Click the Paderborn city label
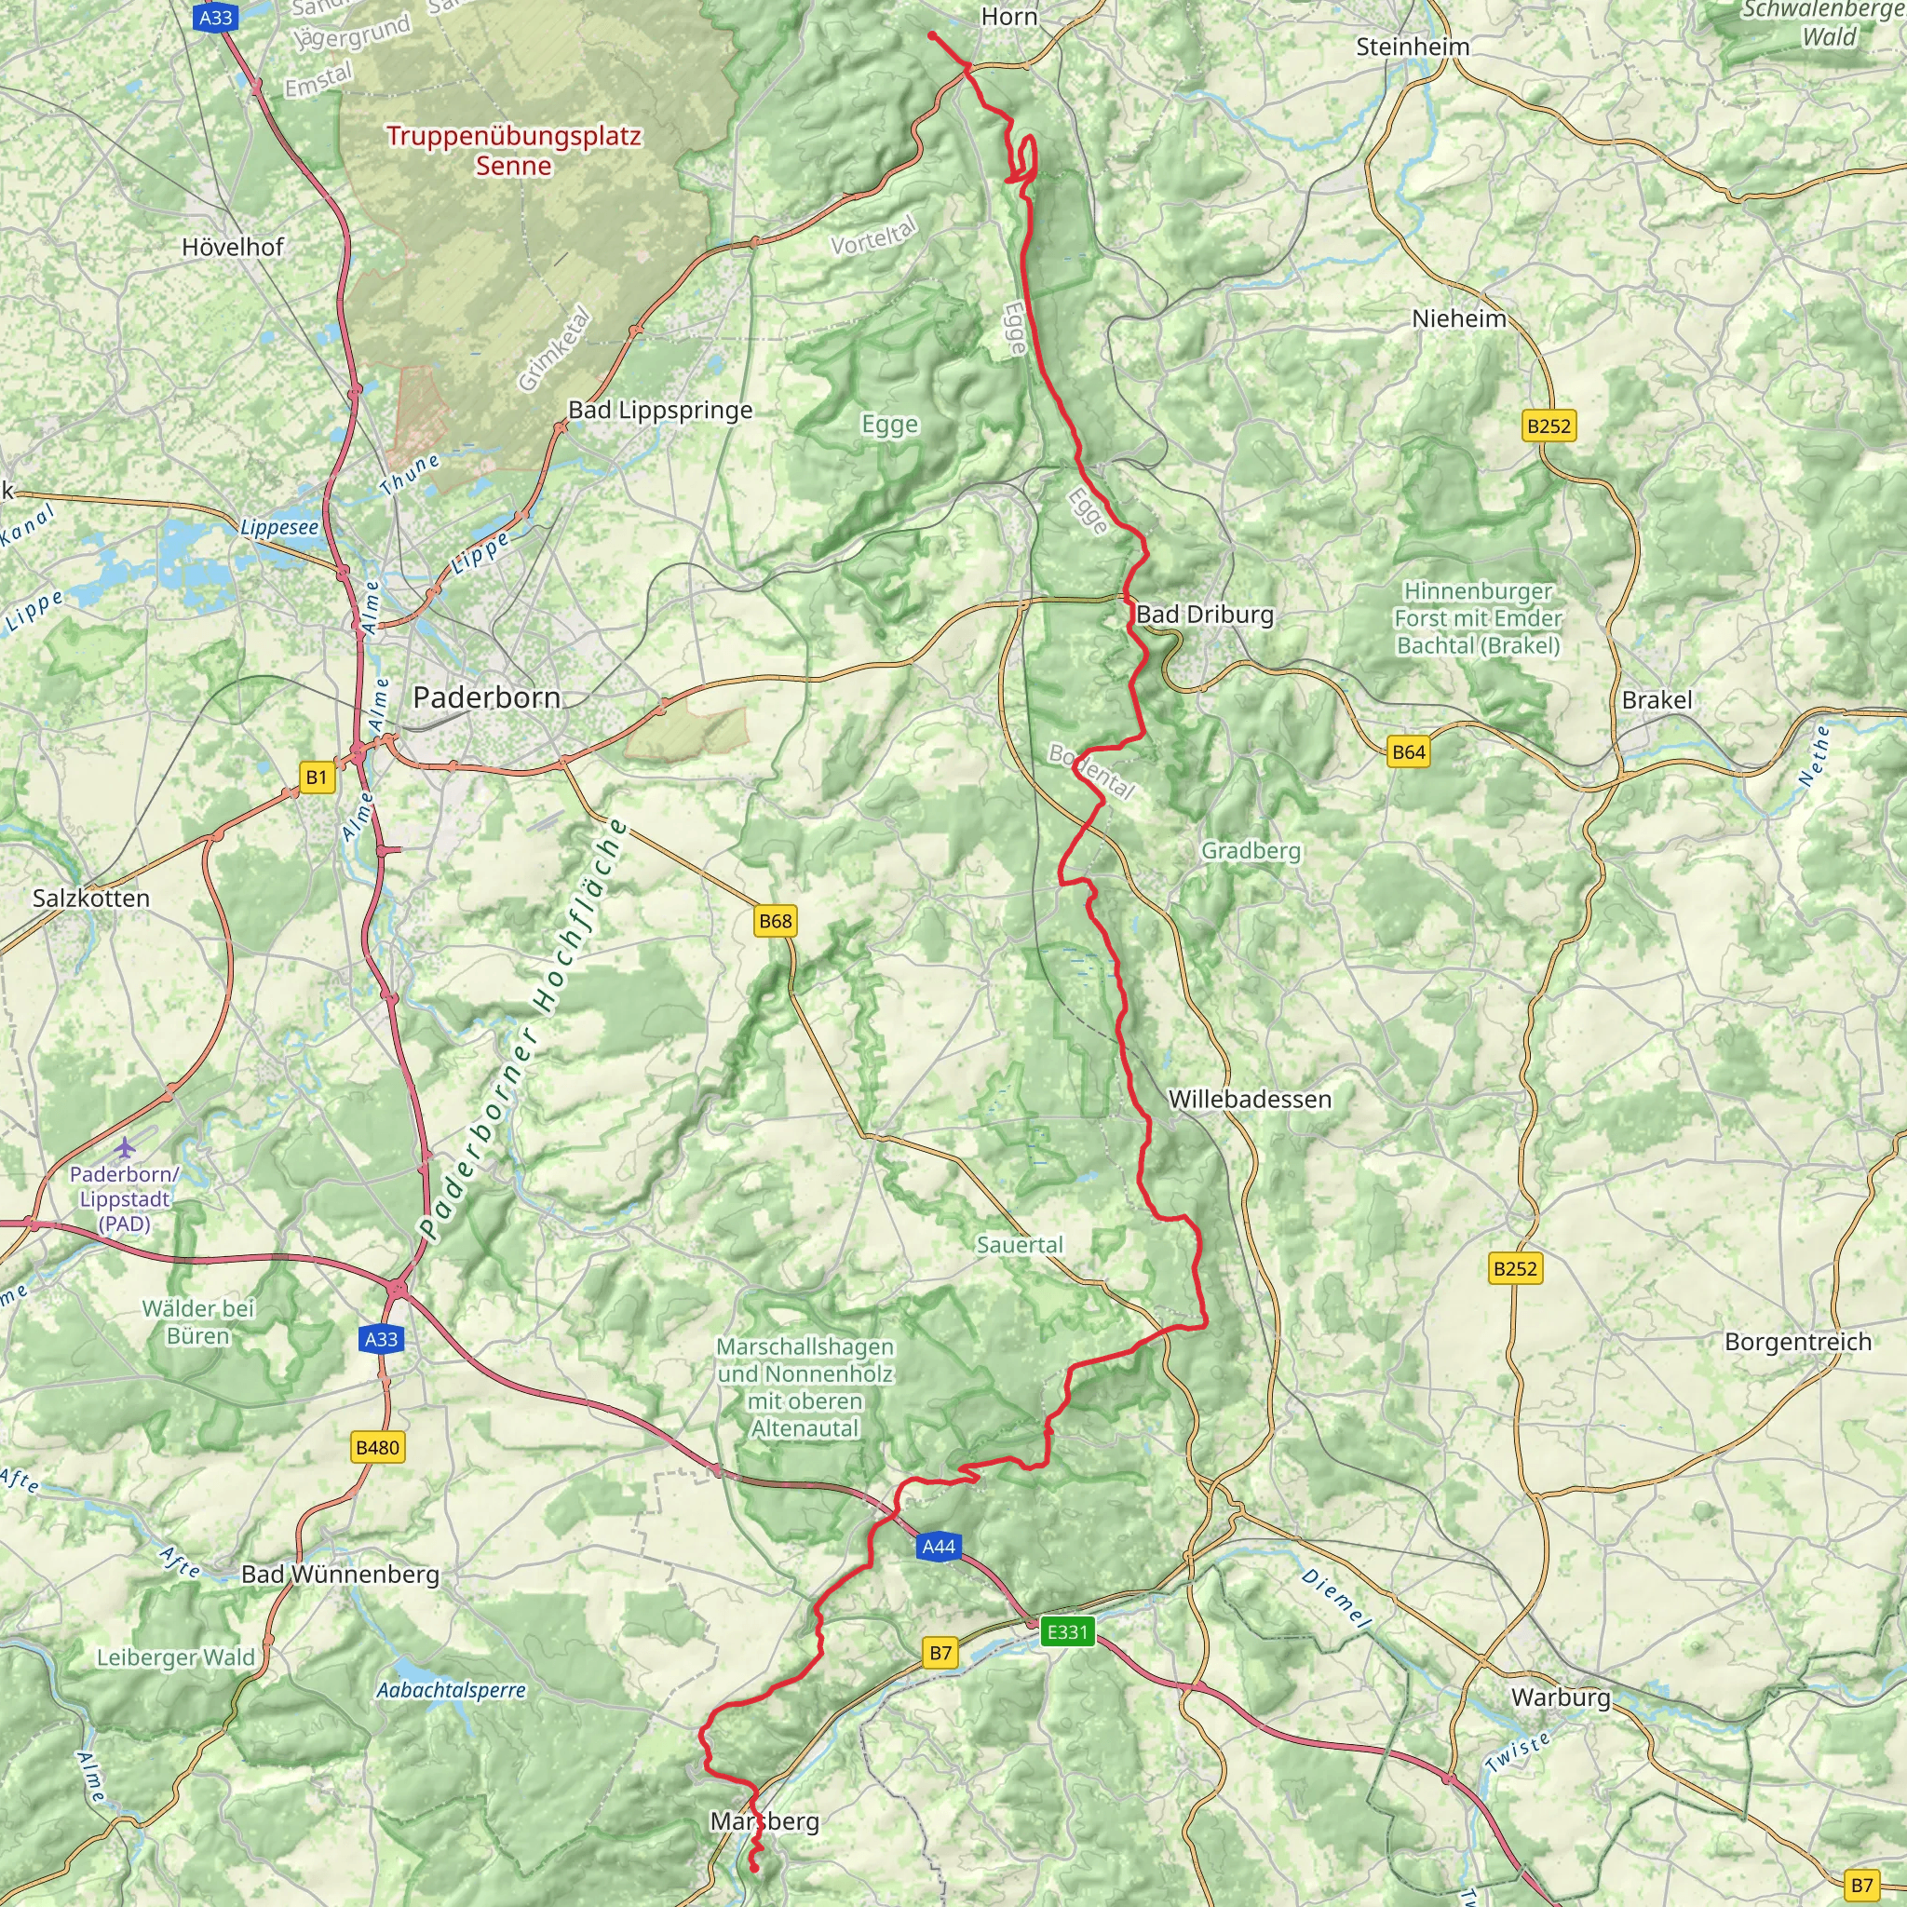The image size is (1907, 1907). coord(487,697)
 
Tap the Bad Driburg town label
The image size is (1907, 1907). coord(1204,614)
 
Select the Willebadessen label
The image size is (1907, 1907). coord(1250,1099)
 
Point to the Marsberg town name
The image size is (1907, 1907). coord(765,1821)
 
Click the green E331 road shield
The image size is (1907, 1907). coord(1067,1631)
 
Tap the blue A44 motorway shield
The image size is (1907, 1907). coord(938,1547)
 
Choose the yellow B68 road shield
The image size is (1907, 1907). coord(775,921)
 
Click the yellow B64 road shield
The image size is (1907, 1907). coord(1409,752)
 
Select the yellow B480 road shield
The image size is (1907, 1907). coord(377,1448)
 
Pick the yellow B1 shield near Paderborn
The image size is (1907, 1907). coord(316,778)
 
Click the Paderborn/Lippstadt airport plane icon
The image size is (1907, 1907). coord(126,1148)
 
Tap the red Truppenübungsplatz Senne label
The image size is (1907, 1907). coord(513,150)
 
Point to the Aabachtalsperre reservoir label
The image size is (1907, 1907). coord(451,1690)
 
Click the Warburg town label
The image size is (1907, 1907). coord(1561,1697)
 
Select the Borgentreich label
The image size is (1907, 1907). coord(1797,1343)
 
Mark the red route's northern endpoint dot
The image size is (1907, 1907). coord(932,35)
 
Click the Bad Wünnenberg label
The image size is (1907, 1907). coord(341,1575)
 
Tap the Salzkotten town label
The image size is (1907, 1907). coord(91,899)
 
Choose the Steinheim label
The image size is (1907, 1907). coord(1413,47)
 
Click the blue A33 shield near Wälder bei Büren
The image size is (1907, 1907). coord(381,1339)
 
